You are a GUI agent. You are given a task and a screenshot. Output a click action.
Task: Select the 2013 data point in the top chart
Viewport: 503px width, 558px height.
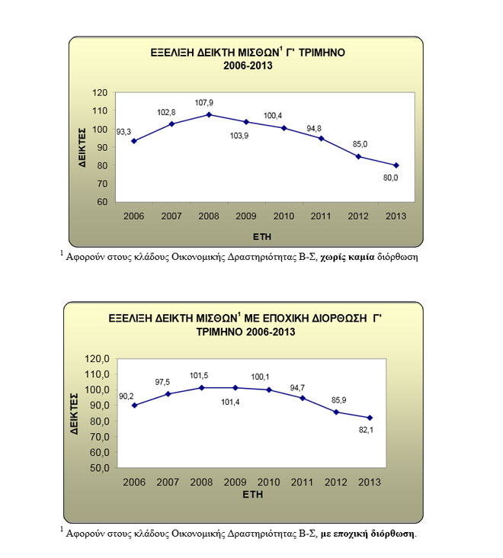(x=396, y=165)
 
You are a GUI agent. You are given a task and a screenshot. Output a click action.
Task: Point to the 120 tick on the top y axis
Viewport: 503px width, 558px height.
(x=99, y=92)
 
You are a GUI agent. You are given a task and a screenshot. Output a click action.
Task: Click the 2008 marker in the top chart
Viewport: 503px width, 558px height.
(x=209, y=114)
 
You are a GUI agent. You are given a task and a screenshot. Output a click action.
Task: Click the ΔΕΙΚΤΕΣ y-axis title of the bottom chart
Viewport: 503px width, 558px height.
(x=75, y=413)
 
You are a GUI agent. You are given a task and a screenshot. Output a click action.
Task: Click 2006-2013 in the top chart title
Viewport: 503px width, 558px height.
(x=248, y=66)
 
